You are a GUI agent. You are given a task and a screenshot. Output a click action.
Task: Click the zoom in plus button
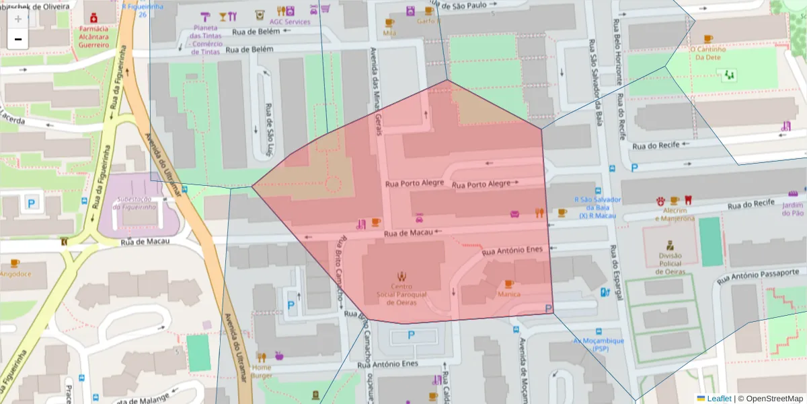(18, 20)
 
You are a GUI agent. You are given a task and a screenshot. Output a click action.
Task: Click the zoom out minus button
(18, 40)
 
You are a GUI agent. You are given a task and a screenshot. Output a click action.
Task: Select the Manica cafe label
(508, 294)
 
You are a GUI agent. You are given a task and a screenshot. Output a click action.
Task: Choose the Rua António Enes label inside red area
(512, 250)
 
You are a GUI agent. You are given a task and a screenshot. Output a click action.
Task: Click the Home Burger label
(261, 372)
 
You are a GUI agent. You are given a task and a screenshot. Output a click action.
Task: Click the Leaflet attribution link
(718, 399)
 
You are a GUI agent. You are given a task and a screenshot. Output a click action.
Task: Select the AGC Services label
(290, 22)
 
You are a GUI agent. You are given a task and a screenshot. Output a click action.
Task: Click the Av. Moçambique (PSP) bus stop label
(598, 345)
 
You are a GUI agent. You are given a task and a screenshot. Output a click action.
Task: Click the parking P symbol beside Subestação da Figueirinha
(30, 201)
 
